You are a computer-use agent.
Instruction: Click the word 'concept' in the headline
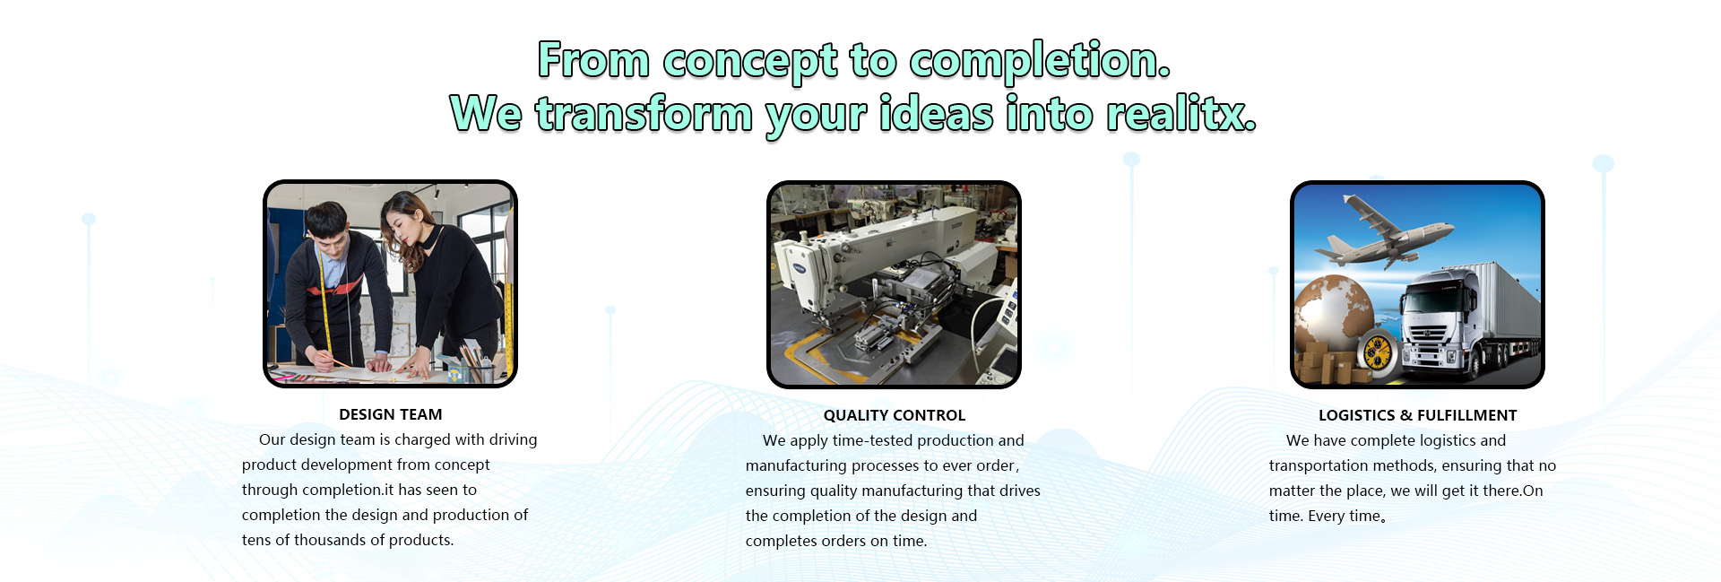point(751,62)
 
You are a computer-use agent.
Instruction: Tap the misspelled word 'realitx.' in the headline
point(1180,114)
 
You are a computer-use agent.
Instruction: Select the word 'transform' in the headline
point(644,115)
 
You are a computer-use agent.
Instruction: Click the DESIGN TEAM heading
point(391,414)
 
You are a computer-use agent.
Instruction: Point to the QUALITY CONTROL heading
point(895,415)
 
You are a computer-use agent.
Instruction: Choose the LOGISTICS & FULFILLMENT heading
point(1417,415)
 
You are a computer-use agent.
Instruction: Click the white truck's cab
point(1440,323)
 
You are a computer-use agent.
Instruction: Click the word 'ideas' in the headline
point(937,114)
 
